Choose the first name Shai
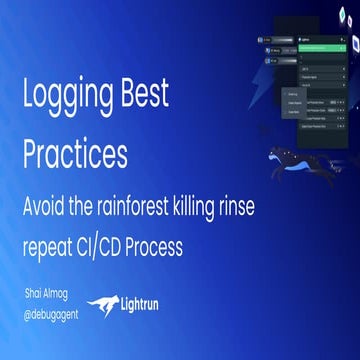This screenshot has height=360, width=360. click(x=37, y=294)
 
